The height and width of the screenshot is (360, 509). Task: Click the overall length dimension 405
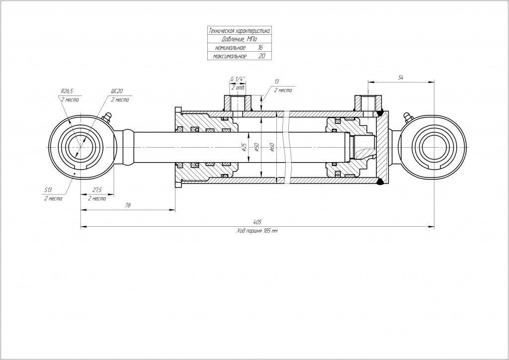pyautogui.click(x=257, y=221)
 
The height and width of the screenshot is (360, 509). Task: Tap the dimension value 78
pyautogui.click(x=128, y=205)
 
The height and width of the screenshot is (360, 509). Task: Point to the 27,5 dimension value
pyautogui.click(x=97, y=190)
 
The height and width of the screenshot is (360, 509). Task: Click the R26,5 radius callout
pyautogui.click(x=67, y=91)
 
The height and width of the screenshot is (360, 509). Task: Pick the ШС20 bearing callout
pyautogui.click(x=117, y=91)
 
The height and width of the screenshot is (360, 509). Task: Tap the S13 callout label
pyautogui.click(x=48, y=190)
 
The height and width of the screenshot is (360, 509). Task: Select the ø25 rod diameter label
pyautogui.click(x=244, y=147)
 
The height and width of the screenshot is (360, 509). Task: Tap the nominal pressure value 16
pyautogui.click(x=260, y=48)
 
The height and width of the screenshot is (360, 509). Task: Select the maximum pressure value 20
pyautogui.click(x=261, y=57)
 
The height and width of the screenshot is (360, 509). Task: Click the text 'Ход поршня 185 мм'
pyautogui.click(x=257, y=232)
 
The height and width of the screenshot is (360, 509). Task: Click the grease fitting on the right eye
pyautogui.click(x=408, y=117)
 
